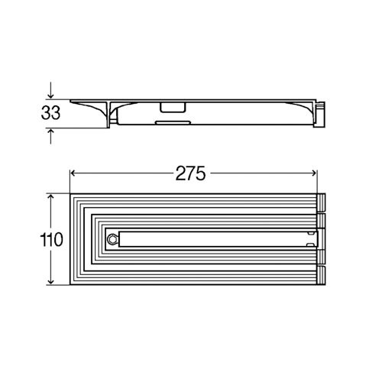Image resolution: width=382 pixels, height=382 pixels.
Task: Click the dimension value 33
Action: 50,113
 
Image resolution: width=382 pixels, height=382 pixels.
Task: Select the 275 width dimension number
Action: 190,173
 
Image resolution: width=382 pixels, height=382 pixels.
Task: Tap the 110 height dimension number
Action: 51,240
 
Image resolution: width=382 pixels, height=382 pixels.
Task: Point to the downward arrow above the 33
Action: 51,90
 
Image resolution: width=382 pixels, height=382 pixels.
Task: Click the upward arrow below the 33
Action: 51,136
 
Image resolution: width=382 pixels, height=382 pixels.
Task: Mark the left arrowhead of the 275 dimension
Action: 73,173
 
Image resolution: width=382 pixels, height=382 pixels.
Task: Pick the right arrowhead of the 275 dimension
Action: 313,173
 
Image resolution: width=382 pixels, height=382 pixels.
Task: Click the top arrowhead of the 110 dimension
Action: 51,198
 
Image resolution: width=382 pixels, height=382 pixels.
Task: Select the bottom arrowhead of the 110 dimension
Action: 51,280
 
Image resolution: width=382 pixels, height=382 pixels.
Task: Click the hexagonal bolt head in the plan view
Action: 112,239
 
